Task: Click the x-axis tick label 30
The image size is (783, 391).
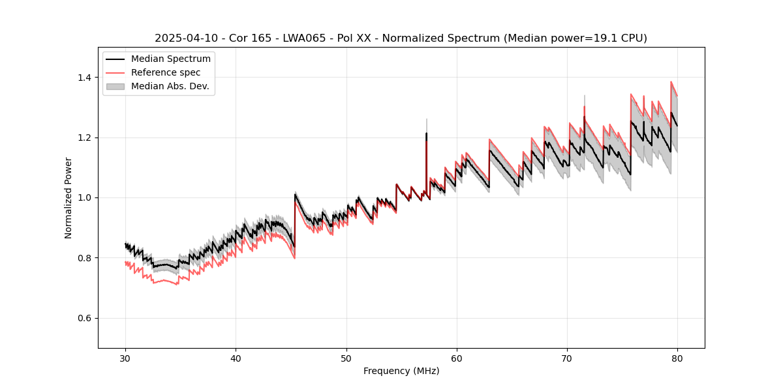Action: point(126,358)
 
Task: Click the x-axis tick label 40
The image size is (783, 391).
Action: point(236,358)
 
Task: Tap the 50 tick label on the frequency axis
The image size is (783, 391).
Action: point(346,358)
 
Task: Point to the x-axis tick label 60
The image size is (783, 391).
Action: point(457,358)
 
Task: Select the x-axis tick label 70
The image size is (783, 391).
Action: point(567,358)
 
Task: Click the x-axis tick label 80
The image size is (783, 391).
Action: point(677,358)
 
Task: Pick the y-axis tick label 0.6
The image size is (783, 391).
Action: point(85,318)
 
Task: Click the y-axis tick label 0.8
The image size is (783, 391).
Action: point(85,258)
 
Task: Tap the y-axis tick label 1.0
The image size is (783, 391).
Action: point(85,197)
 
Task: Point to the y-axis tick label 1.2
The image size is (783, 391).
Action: point(85,138)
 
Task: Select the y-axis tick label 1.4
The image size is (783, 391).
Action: point(85,78)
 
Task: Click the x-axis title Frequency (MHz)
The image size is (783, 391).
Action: point(401,371)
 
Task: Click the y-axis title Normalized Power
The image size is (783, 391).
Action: point(69,197)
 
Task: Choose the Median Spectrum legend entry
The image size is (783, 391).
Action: point(171,59)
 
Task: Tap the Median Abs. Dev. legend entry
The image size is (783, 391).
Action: point(170,86)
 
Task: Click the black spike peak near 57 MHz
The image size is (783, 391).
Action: point(427,134)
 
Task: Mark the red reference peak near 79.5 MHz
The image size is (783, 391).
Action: point(671,82)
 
